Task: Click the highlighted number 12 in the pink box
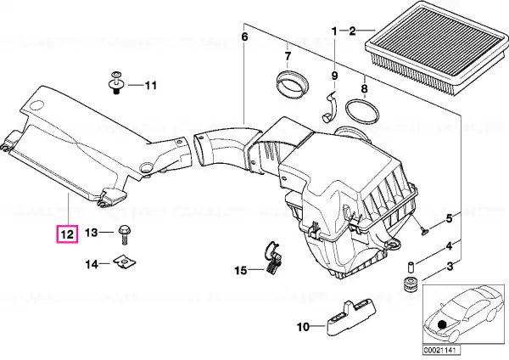coord(66,232)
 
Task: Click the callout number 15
coord(241,270)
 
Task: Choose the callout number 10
coord(302,326)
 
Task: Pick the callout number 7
coord(287,58)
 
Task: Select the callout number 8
coord(363,87)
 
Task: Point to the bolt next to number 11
coord(115,83)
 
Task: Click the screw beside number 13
coord(124,232)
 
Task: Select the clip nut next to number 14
coord(125,263)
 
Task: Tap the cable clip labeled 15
coord(271,259)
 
